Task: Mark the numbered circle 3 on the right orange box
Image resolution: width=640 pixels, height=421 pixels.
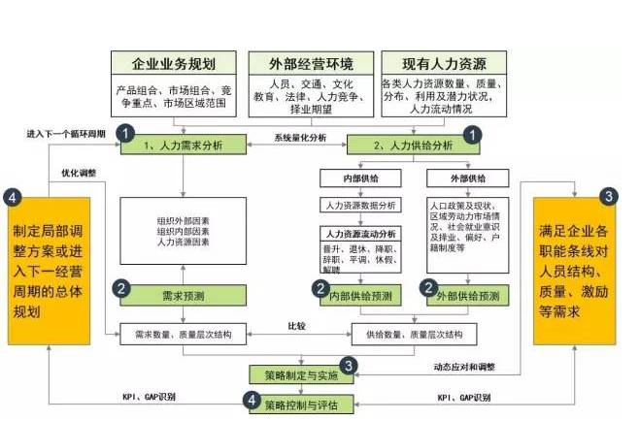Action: tap(607, 195)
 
